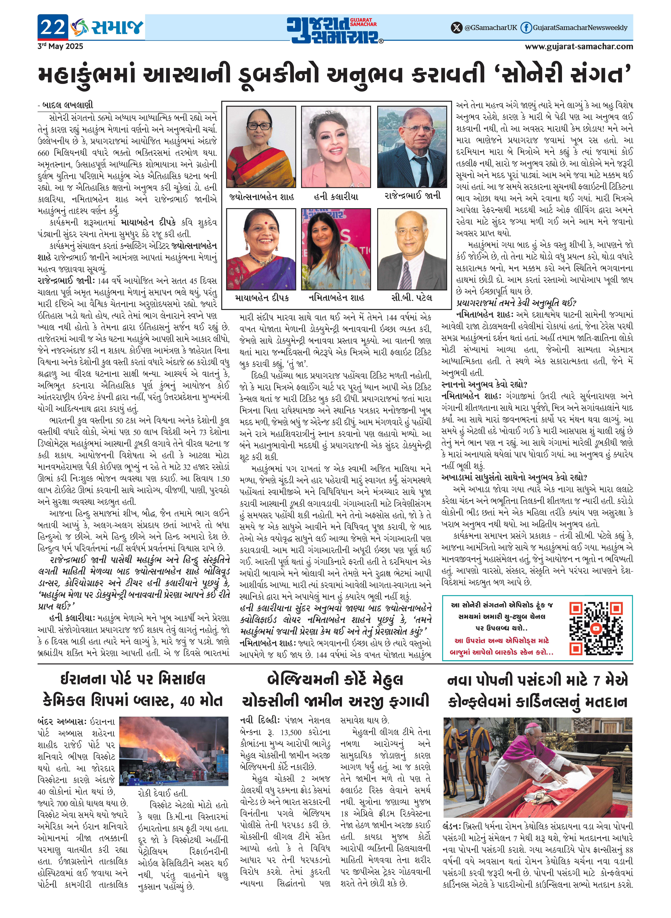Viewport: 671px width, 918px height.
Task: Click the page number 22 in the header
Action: pos(53,27)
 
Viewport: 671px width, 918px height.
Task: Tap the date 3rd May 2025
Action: pos(60,46)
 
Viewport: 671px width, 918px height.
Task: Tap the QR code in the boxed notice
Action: pos(595,629)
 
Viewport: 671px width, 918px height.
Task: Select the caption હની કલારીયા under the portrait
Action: pos(336,196)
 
